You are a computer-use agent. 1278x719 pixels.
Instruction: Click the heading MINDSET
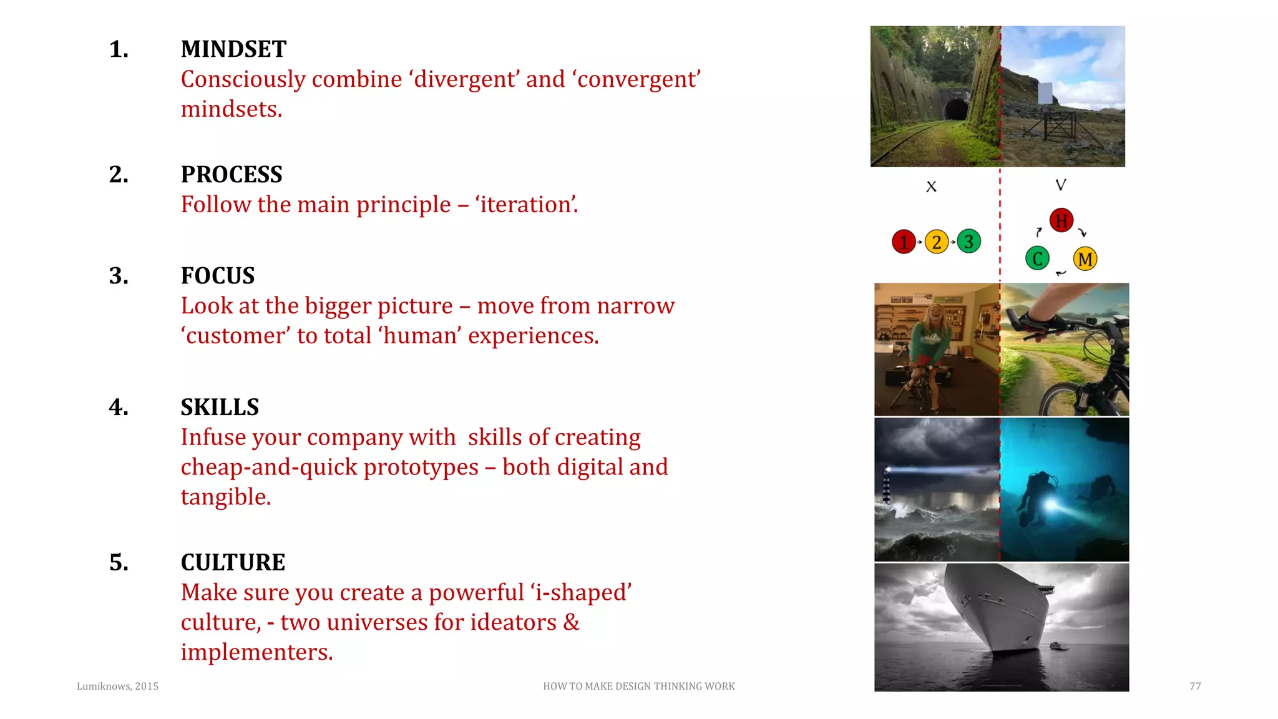tap(233, 49)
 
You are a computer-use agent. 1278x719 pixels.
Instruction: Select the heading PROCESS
tap(231, 175)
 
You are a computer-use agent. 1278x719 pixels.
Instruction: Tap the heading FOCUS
tap(217, 276)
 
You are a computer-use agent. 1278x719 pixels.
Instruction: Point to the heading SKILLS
tap(220, 408)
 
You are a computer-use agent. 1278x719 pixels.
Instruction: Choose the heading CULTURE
tap(233, 562)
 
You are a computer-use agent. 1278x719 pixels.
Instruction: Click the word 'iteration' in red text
tap(527, 205)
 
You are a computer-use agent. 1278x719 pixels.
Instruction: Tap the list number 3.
tap(119, 276)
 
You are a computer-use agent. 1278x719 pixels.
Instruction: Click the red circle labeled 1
tap(904, 242)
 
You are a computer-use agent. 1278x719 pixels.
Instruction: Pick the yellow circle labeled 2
tap(936, 242)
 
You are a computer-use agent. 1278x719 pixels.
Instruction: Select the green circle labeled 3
tap(968, 242)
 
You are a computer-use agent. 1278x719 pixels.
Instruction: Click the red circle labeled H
tap(1061, 220)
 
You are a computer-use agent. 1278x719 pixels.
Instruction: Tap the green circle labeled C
tap(1037, 258)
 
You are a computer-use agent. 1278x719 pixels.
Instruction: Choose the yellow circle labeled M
tap(1085, 259)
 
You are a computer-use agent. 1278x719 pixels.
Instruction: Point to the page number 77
tap(1195, 687)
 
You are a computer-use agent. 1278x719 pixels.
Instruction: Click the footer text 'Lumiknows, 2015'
tap(117, 687)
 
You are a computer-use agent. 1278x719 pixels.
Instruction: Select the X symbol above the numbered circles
tap(931, 187)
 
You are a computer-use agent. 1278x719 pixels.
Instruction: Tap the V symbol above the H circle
tap(1061, 185)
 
